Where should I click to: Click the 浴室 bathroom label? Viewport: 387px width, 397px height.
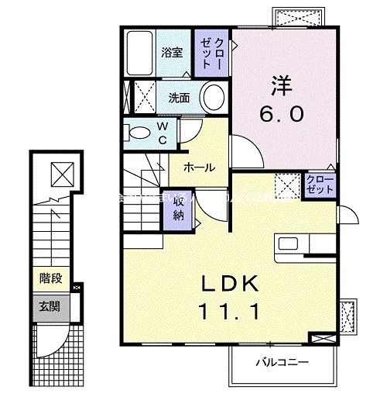point(172,53)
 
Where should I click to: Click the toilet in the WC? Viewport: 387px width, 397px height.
point(139,131)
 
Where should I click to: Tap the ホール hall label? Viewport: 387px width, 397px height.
point(199,167)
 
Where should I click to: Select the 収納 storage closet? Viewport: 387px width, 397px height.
point(178,208)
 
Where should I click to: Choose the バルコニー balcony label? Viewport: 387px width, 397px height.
point(283,361)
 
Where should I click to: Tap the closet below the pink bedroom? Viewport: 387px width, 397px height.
point(320,186)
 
